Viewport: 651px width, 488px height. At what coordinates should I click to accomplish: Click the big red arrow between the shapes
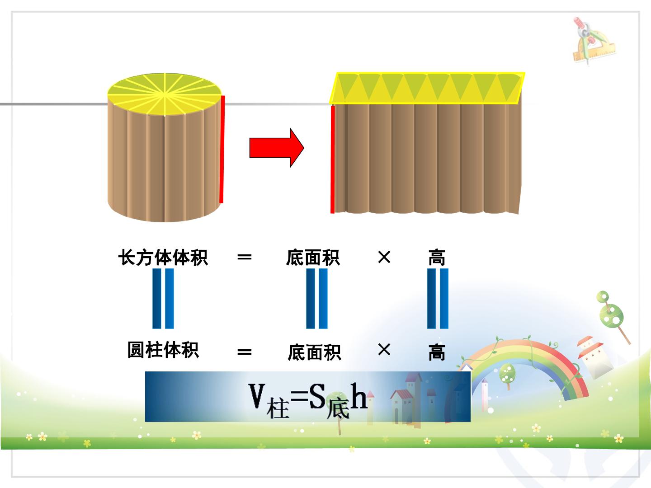[276, 148]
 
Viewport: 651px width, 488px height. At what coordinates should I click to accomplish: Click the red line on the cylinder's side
[222, 149]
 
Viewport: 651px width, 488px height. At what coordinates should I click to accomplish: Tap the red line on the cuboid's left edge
[333, 160]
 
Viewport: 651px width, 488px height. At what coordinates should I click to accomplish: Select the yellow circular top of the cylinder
[164, 94]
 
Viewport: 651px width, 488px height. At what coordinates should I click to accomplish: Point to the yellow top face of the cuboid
[427, 88]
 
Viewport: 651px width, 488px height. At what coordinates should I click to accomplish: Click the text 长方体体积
[163, 257]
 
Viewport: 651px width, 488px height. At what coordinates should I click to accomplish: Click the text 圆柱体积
[163, 350]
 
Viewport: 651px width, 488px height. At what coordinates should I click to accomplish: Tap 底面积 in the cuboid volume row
[313, 257]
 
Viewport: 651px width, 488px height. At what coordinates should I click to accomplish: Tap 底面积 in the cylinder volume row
[314, 352]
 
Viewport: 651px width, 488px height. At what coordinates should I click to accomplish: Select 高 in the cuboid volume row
[437, 257]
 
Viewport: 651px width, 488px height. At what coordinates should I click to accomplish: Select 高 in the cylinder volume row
[437, 352]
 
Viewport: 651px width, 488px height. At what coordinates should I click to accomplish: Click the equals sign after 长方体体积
[245, 257]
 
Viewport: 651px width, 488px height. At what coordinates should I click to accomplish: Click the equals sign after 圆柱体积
[245, 352]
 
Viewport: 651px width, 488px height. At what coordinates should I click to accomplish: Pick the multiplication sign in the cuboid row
[384, 257]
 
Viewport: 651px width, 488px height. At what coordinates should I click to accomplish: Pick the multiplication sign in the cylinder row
[384, 350]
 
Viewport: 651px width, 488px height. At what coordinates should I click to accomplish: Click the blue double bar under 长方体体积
[163, 298]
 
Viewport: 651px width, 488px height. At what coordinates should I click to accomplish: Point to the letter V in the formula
[257, 395]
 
